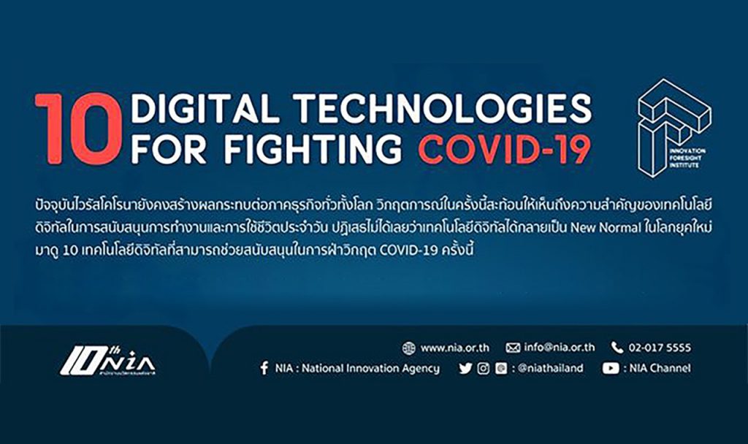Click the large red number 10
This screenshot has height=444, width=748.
[x=78, y=129]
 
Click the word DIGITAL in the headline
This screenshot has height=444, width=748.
[x=205, y=108]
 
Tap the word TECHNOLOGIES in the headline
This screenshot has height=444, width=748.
[x=442, y=108]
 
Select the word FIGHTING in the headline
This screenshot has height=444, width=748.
[x=313, y=149]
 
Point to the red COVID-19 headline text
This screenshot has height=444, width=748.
[x=505, y=149]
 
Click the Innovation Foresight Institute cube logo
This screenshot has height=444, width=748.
[x=673, y=128]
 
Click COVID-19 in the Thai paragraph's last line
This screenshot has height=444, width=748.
[x=408, y=250]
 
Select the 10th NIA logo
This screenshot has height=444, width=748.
[x=107, y=361]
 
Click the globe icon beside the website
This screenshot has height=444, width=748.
[x=408, y=348]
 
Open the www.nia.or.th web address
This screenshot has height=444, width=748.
[x=454, y=348]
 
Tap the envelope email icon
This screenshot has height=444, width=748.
[x=513, y=348]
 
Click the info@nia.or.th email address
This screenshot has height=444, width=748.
[x=559, y=348]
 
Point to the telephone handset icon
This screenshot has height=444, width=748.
[x=617, y=348]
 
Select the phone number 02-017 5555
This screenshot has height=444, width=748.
[x=660, y=348]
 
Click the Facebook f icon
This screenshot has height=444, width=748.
[x=264, y=368]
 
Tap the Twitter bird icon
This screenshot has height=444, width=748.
[x=465, y=368]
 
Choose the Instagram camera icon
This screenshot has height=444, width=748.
[x=484, y=368]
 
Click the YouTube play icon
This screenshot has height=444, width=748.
[x=610, y=368]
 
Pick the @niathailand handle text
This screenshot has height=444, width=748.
[x=551, y=368]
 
